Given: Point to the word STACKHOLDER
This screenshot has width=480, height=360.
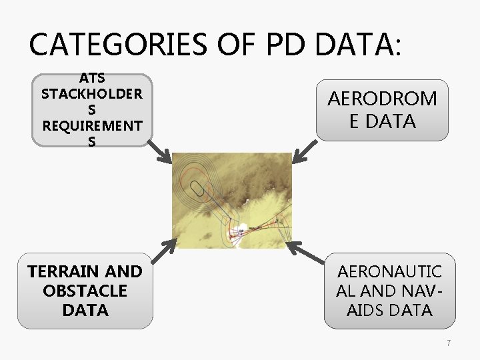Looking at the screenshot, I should pos(92,94).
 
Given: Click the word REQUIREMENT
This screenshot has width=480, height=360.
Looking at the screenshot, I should pos(92,125).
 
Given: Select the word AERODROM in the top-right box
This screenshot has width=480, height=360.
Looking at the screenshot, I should pos(382,99).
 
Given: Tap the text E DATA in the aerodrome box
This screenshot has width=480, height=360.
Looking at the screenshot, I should pos(382,121).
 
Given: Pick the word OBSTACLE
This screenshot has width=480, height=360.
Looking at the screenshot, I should pos(85,291).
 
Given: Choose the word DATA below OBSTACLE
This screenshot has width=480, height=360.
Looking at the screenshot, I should pos(85,310).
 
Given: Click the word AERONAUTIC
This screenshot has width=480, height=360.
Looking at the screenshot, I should pos(390,271).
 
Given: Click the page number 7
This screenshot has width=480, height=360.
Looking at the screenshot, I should pos(449,343).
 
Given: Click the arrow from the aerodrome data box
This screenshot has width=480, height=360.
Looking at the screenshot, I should pos(305,151).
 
